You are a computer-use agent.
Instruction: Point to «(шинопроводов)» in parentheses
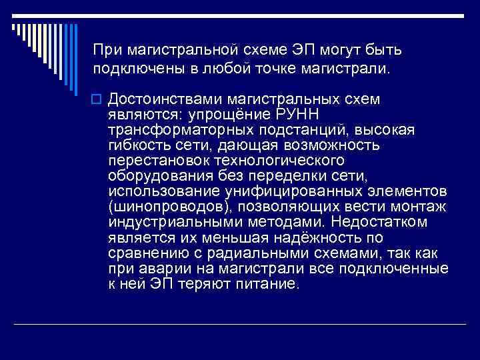coord(162,207)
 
